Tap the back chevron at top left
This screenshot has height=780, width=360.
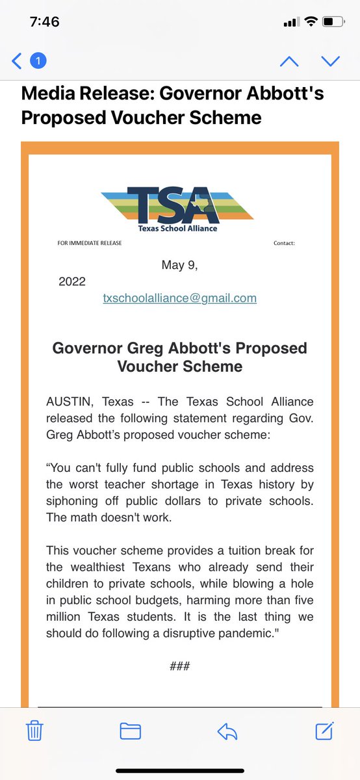[17, 61]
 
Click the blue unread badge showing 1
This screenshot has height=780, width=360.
[38, 61]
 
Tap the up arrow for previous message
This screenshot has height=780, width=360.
[289, 61]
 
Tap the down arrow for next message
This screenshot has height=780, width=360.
[330, 61]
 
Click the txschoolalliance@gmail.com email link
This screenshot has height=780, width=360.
[179, 298]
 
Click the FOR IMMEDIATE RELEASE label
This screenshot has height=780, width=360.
[89, 244]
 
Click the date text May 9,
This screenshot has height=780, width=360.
[179, 265]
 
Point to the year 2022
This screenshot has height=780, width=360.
[71, 282]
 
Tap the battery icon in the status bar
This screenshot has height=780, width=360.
[332, 21]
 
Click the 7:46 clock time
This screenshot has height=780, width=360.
[45, 21]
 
